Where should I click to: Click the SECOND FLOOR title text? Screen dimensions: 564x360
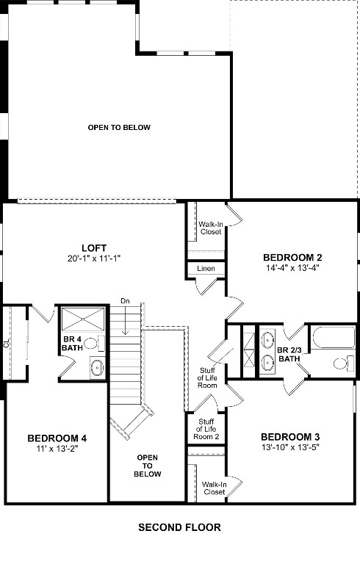click(179, 527)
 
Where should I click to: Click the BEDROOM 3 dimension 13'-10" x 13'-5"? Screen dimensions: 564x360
click(289, 446)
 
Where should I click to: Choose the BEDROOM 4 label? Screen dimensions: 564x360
click(53, 438)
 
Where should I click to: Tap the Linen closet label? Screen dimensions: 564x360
click(206, 270)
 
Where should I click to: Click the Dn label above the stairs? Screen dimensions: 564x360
click(126, 301)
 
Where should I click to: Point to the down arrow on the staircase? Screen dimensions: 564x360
click(126, 323)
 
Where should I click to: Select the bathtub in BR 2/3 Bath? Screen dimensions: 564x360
click(331, 339)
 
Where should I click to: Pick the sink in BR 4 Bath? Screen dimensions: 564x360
click(97, 367)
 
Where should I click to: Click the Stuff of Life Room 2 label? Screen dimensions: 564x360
click(206, 429)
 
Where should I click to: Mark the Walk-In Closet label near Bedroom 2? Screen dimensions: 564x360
click(211, 227)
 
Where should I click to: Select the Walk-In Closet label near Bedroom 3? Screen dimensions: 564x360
click(214, 488)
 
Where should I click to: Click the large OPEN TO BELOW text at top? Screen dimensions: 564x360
click(119, 128)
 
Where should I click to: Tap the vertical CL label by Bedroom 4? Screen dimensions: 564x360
click(6, 343)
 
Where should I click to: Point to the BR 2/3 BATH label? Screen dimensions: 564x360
click(289, 355)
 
